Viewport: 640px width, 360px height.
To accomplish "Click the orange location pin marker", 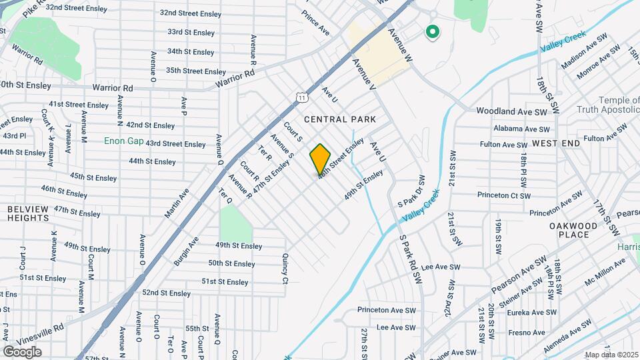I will (320, 159).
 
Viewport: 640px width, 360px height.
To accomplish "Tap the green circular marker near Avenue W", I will (432, 31).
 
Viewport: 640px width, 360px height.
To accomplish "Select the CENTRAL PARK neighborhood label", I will (340, 119).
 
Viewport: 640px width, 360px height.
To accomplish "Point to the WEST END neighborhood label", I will (553, 143).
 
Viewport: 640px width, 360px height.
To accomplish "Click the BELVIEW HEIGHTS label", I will (28, 213).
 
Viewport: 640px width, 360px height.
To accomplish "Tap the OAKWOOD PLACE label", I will (573, 230).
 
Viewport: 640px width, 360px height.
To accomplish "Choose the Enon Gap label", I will (123, 141).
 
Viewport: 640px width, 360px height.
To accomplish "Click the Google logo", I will (22, 351).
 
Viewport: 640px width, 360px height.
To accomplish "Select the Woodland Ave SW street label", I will (512, 111).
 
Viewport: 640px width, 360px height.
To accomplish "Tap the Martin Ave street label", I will (177, 202).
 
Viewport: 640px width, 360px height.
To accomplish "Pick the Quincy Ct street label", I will (285, 266).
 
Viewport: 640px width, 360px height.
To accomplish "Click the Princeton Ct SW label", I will (503, 195).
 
